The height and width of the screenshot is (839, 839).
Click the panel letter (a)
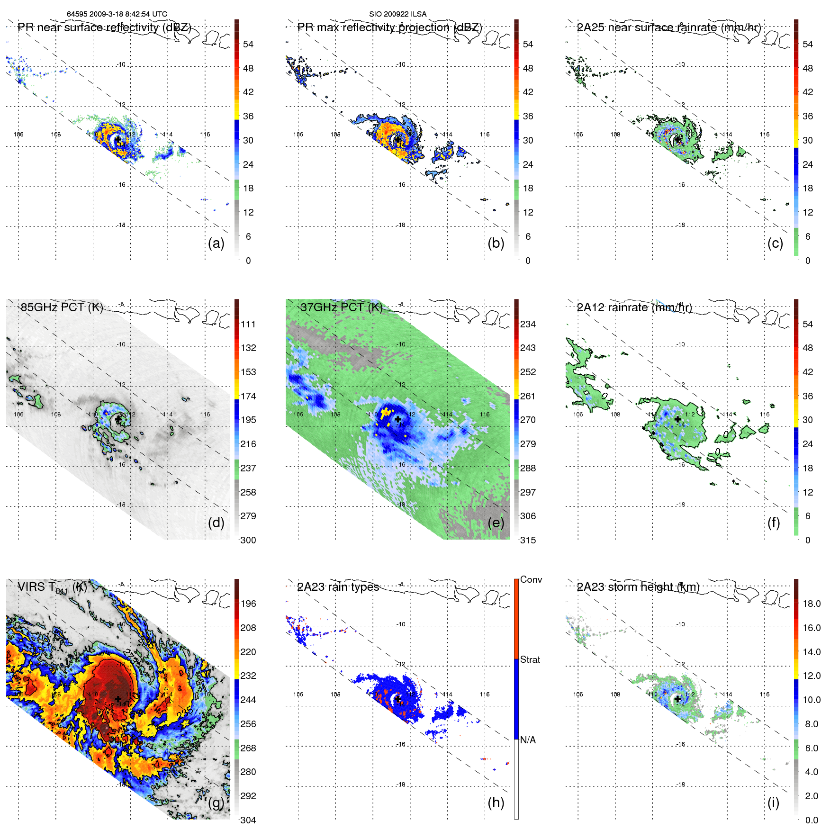tap(216, 243)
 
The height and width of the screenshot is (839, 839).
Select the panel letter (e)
tap(496, 523)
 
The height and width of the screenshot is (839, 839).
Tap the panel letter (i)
tap(773, 803)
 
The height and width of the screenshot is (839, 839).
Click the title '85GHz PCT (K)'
tap(62, 307)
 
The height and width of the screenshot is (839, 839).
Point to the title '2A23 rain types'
tap(338, 587)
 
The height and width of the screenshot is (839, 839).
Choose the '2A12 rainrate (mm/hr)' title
tap(634, 307)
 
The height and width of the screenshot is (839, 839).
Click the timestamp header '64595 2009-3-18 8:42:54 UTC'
tap(117, 14)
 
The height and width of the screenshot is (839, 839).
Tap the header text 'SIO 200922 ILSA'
tap(397, 14)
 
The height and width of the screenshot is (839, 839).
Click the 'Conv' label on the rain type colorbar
tap(531, 579)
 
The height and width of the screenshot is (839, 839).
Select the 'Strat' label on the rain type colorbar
tap(530, 659)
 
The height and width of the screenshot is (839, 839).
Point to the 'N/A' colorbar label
tap(528, 740)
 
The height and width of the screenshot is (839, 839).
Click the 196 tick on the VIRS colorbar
tap(248, 604)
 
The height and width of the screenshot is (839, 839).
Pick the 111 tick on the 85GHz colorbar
tap(248, 324)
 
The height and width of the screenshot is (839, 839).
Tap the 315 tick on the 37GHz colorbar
tap(528, 540)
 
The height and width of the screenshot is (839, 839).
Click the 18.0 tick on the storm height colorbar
tap(811, 604)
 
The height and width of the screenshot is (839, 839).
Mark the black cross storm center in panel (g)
tap(118, 699)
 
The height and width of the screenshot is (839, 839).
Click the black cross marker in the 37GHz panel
tap(398, 419)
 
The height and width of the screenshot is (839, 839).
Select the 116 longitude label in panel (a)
tap(205, 135)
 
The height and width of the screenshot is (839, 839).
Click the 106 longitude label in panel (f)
tap(577, 415)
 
